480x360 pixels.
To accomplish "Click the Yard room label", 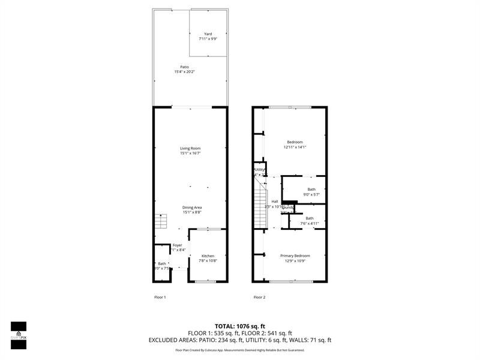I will point(208,34).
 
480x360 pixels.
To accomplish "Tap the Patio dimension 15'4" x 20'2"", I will point(185,71).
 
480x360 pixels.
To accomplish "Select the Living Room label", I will point(190,148).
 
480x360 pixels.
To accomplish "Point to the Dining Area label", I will point(192,208).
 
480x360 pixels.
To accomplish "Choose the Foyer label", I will point(177,245).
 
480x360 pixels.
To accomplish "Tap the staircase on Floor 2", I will point(259,206).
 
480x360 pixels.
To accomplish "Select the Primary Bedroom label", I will point(295,256).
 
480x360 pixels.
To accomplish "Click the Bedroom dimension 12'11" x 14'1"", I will point(295,147).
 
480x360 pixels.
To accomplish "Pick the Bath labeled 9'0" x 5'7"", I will point(311,189).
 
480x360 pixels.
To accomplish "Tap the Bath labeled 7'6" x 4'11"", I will point(310,218).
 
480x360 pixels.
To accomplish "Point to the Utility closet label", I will point(260,170).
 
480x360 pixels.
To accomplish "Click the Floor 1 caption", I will point(160,297).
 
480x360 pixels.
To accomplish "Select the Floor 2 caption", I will point(259,297).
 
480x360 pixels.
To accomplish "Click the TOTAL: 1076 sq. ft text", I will point(240,326).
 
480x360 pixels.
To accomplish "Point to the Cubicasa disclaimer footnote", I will point(240,350).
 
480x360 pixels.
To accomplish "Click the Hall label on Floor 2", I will point(274,202).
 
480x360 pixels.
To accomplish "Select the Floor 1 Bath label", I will point(161,263).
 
